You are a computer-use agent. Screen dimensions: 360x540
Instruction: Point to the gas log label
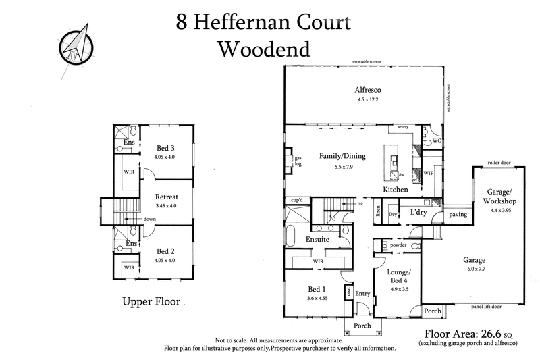pyautogui.click(x=296, y=161)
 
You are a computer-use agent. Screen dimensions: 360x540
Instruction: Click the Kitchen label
pyautogui.click(x=395, y=191)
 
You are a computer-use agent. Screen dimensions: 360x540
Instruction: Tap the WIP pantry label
pyautogui.click(x=428, y=174)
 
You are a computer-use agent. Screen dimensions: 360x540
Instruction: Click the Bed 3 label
pyautogui.click(x=166, y=148)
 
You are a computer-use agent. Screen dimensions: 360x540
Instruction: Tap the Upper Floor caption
pyautogui.click(x=151, y=302)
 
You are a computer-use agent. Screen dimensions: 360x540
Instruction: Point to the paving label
pyautogui.click(x=458, y=214)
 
